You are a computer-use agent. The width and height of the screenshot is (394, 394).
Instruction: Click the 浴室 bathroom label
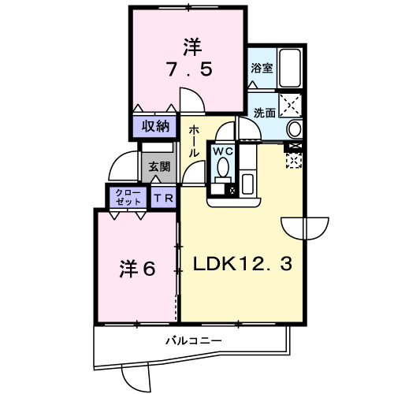tap(262, 68)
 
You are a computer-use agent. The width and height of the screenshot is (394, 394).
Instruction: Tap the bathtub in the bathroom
tap(290, 68)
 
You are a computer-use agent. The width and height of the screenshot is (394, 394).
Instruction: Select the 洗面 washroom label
tap(264, 113)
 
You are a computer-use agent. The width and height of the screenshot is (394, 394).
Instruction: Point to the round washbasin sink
tap(295, 128)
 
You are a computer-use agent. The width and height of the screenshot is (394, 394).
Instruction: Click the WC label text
tap(223, 151)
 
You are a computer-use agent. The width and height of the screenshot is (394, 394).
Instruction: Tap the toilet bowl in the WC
tap(223, 167)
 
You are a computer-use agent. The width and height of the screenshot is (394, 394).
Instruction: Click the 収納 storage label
tap(155, 127)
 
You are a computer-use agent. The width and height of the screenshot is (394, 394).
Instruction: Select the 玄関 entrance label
tap(159, 166)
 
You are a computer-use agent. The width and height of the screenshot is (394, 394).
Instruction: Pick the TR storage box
tap(163, 198)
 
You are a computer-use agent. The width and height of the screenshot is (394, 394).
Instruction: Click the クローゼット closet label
tap(128, 198)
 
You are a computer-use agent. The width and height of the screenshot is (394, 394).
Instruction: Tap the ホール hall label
tap(194, 141)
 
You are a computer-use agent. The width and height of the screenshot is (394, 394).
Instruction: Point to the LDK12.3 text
tap(243, 264)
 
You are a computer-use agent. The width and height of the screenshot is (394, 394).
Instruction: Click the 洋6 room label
tap(137, 269)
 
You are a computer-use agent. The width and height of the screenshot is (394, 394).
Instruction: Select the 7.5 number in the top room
tap(190, 69)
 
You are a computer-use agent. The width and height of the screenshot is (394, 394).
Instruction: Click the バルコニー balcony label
tap(194, 341)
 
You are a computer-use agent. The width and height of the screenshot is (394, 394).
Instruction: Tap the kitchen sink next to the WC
tap(247, 184)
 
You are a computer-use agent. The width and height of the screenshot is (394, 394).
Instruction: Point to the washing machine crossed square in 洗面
tap(290, 105)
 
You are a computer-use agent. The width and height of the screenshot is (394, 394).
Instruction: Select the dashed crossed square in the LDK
tap(294, 161)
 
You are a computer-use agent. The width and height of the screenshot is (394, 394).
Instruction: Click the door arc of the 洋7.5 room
tap(197, 94)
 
